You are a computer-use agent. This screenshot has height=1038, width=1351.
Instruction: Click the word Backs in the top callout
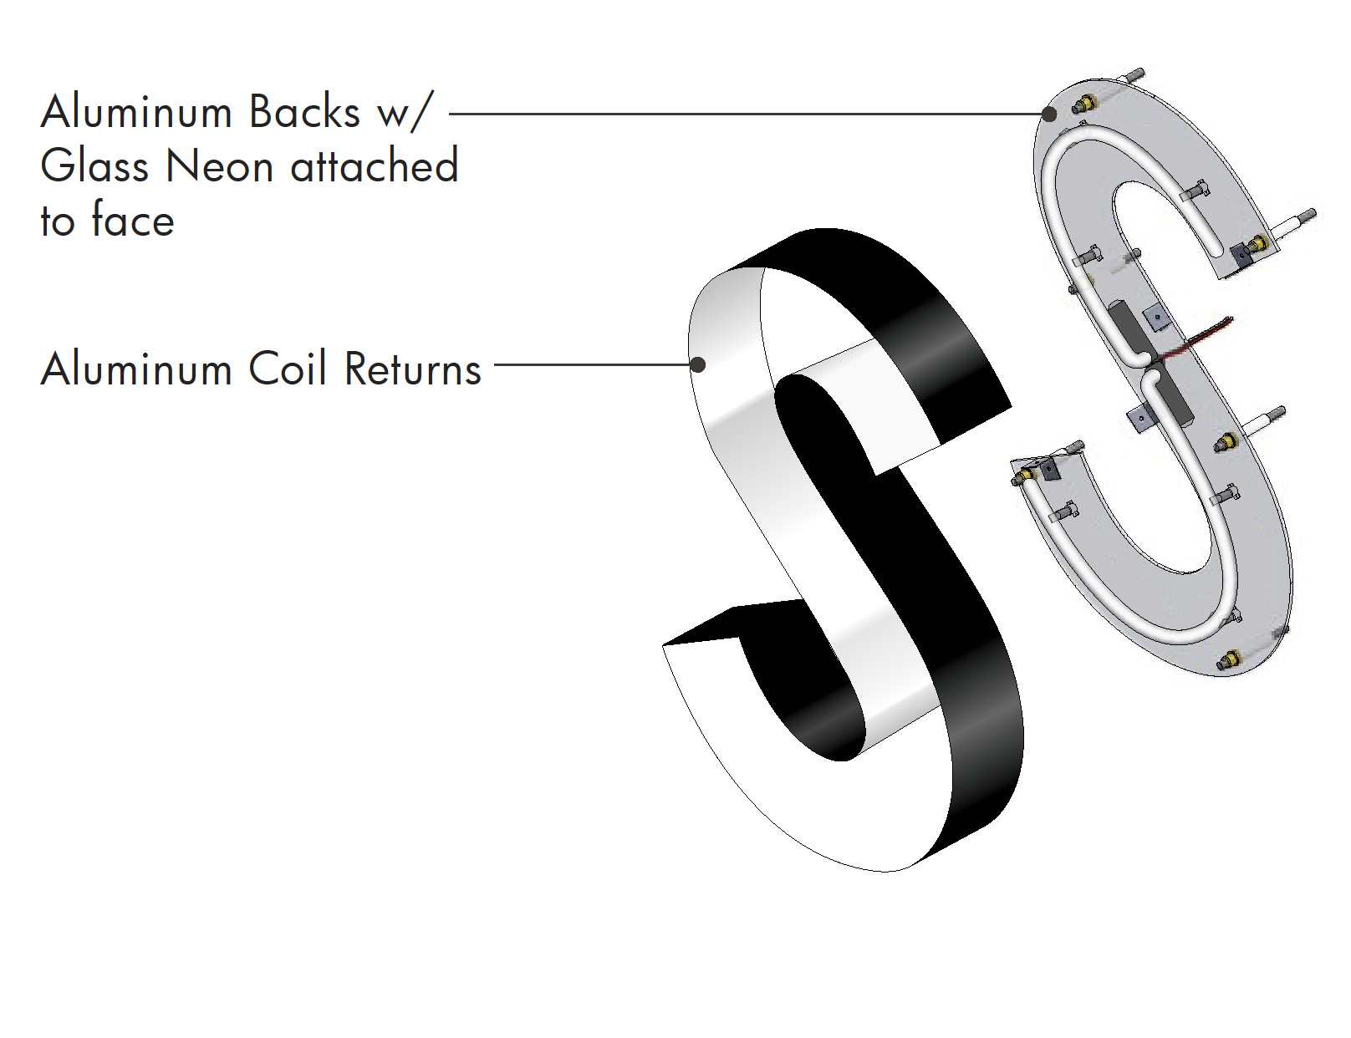(304, 112)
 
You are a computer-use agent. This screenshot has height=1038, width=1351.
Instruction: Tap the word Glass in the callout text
(94, 166)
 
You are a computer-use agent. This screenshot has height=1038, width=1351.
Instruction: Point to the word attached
(375, 165)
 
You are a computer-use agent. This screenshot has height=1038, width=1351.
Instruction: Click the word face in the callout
(133, 220)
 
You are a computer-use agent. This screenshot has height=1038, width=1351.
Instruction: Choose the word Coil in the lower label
(288, 369)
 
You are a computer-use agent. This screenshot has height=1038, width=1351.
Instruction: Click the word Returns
(413, 369)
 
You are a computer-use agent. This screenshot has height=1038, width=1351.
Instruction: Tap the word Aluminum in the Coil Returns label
(136, 369)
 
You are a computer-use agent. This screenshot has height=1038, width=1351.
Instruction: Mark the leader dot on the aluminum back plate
(1049, 114)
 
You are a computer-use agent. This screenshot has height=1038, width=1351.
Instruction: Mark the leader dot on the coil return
(699, 364)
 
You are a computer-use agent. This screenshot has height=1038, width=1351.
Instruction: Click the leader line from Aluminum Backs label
(746, 114)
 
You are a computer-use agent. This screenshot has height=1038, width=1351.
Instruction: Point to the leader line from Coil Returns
(593, 364)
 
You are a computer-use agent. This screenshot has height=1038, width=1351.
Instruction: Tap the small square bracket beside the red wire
(1156, 318)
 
